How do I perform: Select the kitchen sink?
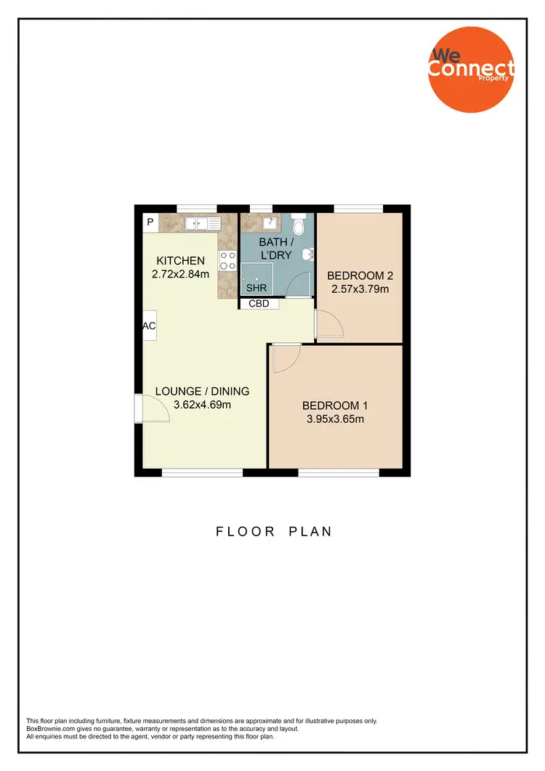pyautogui.click(x=203, y=223)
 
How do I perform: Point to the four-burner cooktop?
pyautogui.click(x=227, y=261)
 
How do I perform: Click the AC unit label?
pyautogui.click(x=150, y=326)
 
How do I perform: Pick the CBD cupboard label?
pyautogui.click(x=259, y=304)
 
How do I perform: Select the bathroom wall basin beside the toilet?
pyautogui.click(x=309, y=254)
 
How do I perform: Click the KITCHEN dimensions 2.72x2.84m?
pyautogui.click(x=181, y=274)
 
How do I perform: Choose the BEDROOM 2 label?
pyautogui.click(x=360, y=275)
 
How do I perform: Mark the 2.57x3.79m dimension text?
pyautogui.click(x=360, y=289)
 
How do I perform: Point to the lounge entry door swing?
pyautogui.click(x=154, y=408)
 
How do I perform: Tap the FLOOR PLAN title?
pyautogui.click(x=274, y=531)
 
